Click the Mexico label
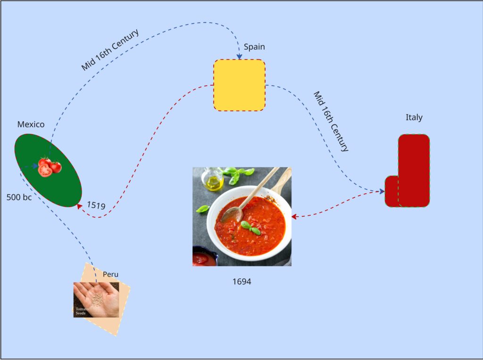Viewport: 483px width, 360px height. tap(31, 124)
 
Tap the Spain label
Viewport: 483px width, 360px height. tap(254, 47)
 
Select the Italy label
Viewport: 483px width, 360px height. tap(414, 117)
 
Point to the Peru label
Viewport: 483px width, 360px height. tap(110, 274)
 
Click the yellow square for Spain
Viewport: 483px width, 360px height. tap(239, 85)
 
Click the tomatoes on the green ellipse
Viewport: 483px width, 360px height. tap(49, 167)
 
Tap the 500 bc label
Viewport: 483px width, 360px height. tap(19, 197)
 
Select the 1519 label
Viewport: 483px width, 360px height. tap(96, 205)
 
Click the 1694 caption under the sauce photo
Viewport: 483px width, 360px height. tap(241, 282)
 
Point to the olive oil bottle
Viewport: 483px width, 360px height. tap(213, 180)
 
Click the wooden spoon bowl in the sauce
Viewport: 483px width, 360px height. tap(231, 215)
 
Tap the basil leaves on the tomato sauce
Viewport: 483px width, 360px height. tap(250, 228)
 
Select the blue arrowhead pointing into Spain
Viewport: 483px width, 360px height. tap(240, 57)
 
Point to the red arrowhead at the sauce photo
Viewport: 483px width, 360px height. tap(294, 217)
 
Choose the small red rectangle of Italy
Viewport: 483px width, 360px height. tap(391, 191)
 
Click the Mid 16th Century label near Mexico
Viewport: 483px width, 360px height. tap(110, 50)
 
